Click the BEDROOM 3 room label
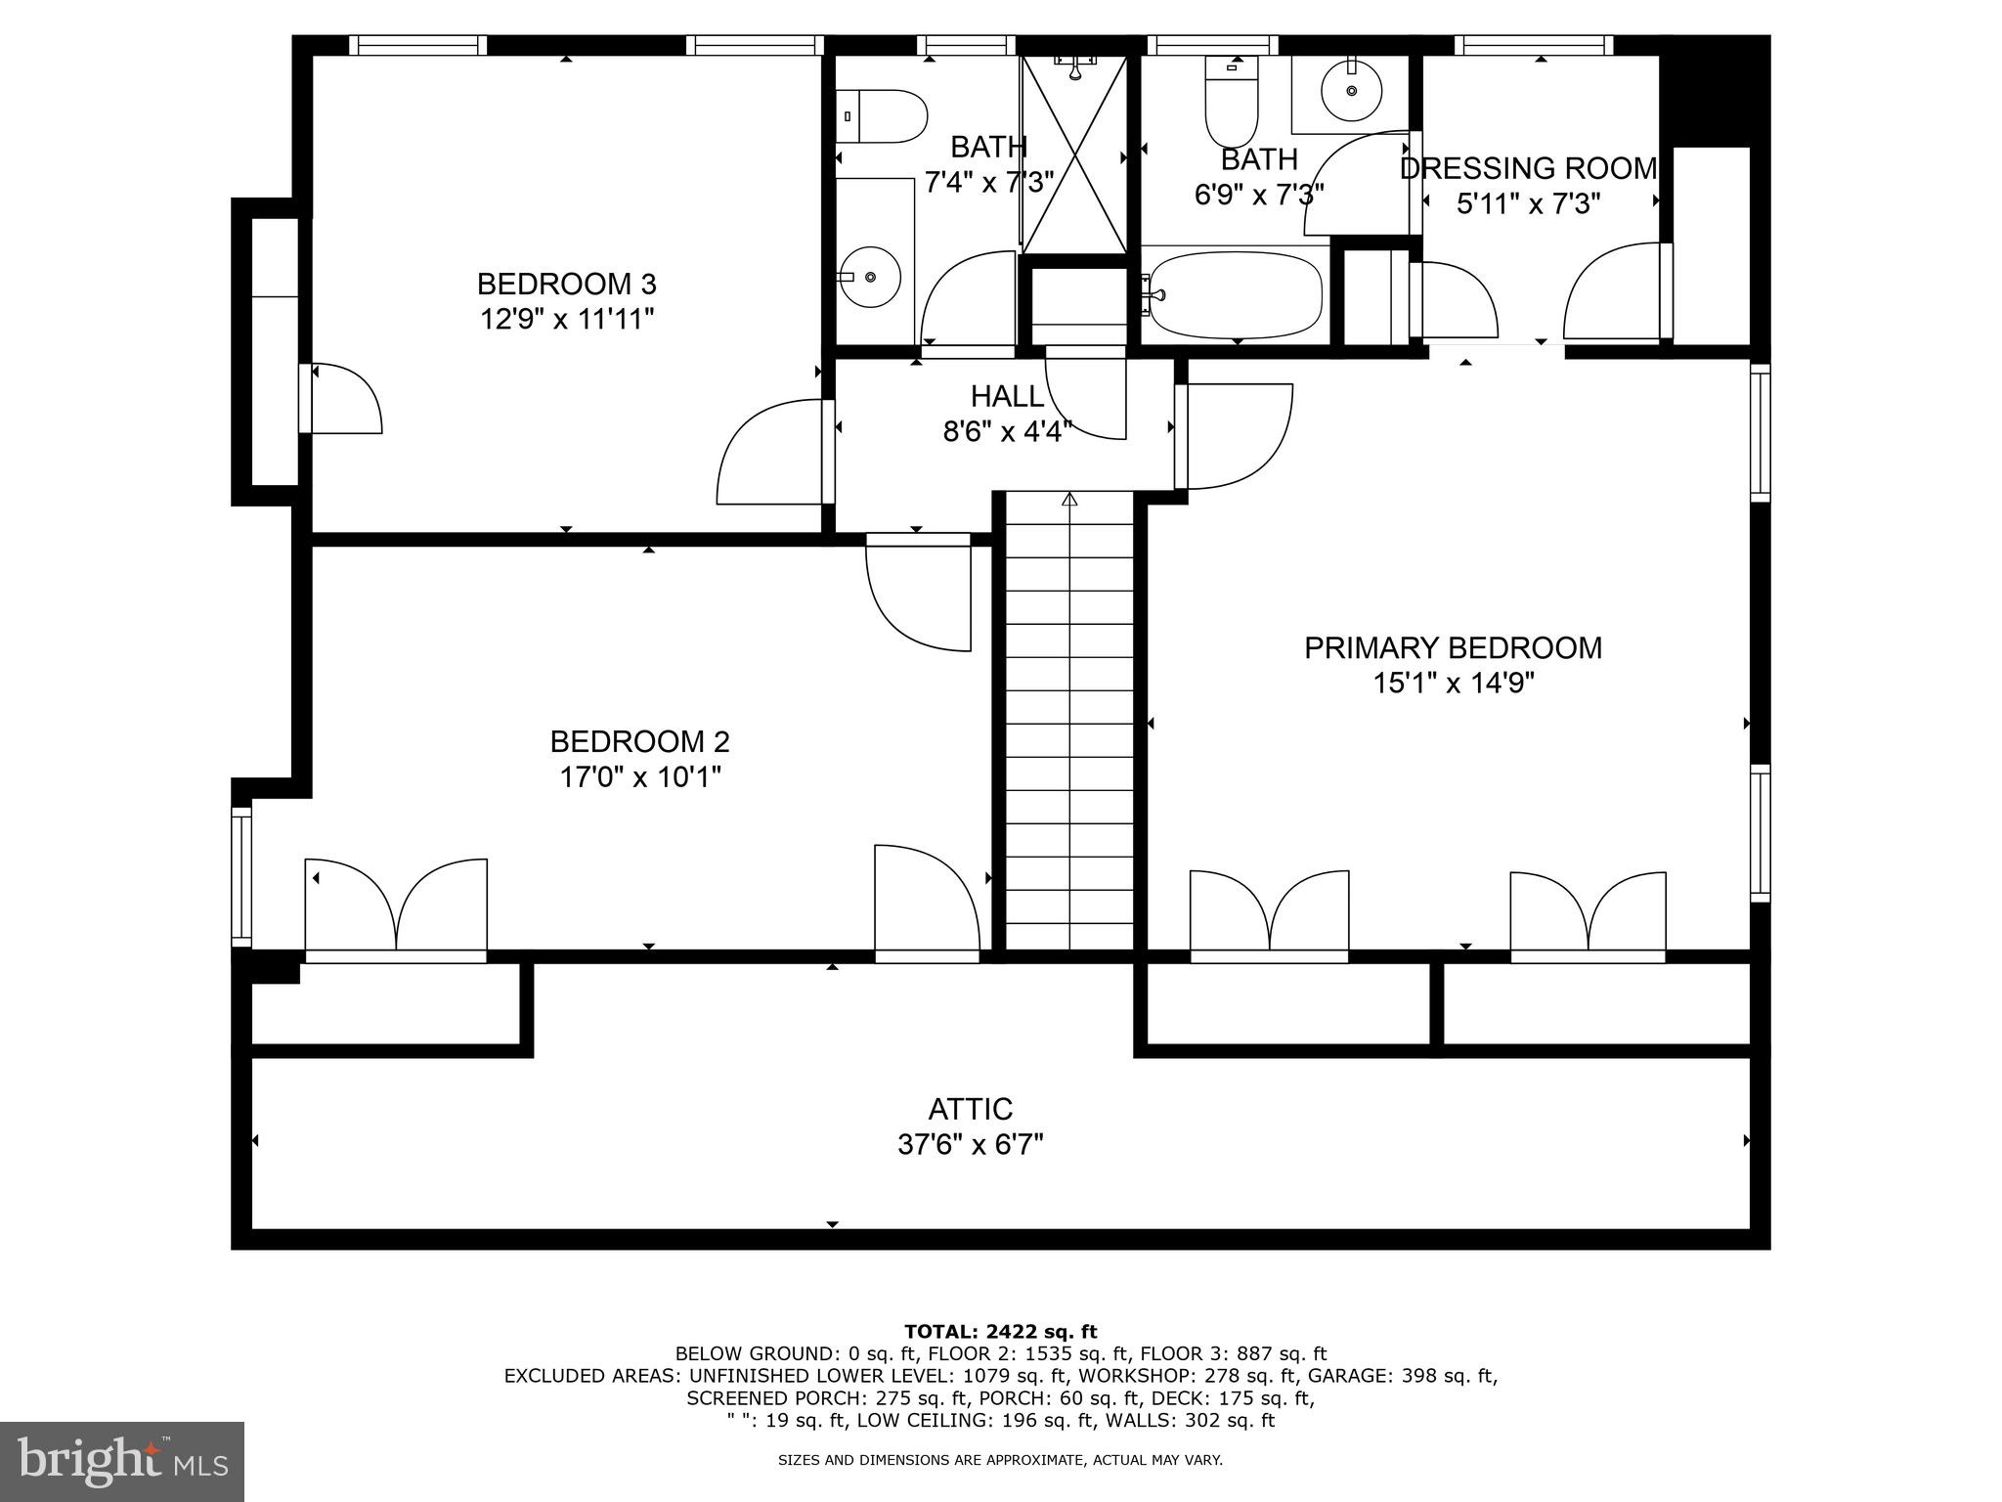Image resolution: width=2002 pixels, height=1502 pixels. tap(566, 285)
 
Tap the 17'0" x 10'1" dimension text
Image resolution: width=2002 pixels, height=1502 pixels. tap(639, 777)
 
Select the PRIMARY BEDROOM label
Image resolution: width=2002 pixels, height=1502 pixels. tap(1453, 648)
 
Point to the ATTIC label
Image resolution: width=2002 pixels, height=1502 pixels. tap(970, 1109)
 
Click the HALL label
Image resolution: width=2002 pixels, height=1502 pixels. tap(1007, 396)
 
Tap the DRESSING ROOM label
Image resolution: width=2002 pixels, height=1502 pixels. tap(1528, 169)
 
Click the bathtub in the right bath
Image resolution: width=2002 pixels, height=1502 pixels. tap(1236, 293)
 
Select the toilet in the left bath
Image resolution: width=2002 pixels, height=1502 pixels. tap(884, 116)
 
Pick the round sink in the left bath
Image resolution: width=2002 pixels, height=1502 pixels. tap(869, 277)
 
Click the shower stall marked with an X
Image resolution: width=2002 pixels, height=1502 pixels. tap(1074, 155)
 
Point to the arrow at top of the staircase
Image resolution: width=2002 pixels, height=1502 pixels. tap(1069, 500)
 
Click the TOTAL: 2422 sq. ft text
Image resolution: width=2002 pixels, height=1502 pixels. tap(1000, 1331)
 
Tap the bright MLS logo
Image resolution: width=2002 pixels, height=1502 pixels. tap(122, 1462)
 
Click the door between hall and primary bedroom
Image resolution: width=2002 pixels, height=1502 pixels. tap(1235, 435)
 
